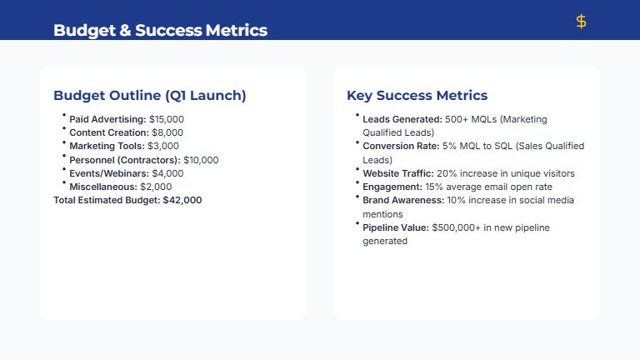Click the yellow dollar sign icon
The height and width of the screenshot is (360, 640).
point(581,22)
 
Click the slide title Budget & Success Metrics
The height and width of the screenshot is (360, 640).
point(160,31)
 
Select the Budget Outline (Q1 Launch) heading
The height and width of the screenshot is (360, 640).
point(149,95)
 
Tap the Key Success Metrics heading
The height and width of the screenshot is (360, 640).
point(417,95)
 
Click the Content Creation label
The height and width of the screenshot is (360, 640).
point(107,133)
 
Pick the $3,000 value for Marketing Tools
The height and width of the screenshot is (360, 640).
point(162,147)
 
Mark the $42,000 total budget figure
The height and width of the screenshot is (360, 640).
point(182,200)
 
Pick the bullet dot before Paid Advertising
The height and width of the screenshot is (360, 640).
point(63,116)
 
